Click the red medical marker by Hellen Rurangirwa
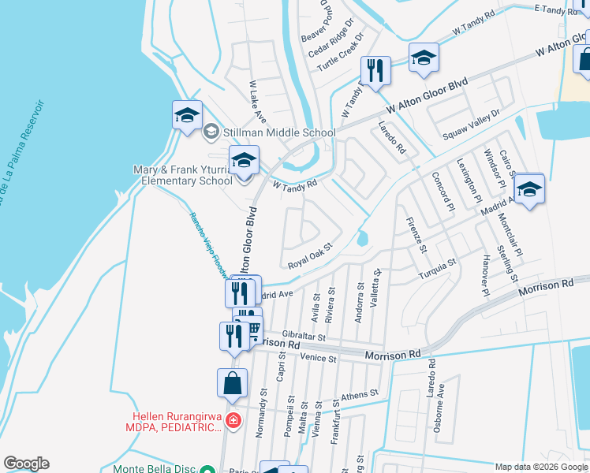233,421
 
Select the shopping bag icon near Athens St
232,385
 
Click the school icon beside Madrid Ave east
529,189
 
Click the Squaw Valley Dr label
472,119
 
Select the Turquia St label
437,265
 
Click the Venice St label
319,358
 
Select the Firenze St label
416,234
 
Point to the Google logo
26,464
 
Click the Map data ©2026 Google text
540,467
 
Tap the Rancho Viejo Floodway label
207,245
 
